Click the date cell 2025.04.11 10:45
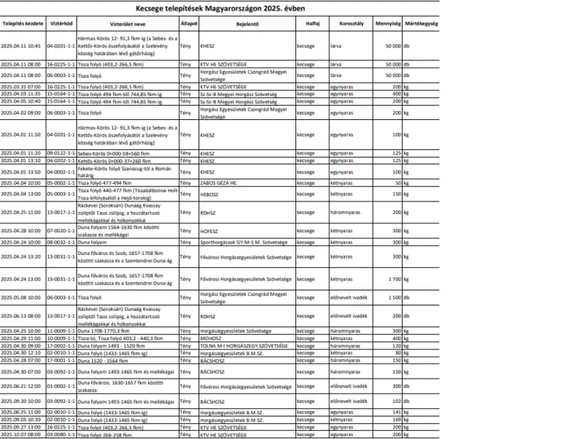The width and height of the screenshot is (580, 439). tap(22, 45)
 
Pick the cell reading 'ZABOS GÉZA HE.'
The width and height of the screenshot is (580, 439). tap(218, 183)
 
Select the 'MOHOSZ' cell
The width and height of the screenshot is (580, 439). tap(211, 339)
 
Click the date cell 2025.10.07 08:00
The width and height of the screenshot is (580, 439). tap(22, 435)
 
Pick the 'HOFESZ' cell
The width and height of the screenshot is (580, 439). tap(209, 230)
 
